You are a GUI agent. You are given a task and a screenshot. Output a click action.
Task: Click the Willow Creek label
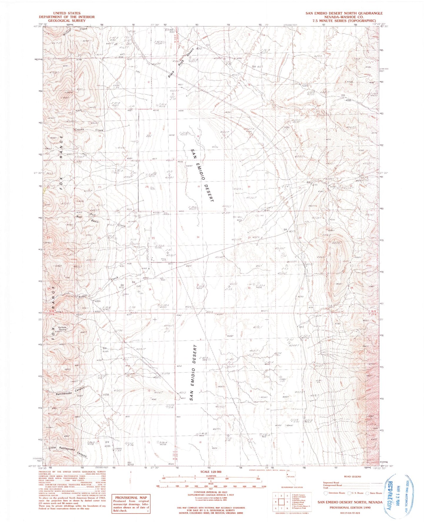[x=75, y=31]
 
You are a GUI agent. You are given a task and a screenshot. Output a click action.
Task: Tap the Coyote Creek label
[x=89, y=130]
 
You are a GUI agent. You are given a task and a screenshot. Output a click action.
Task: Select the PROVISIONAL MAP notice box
[x=131, y=503]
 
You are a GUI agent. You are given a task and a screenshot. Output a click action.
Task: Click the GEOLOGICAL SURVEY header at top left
[x=67, y=21]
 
